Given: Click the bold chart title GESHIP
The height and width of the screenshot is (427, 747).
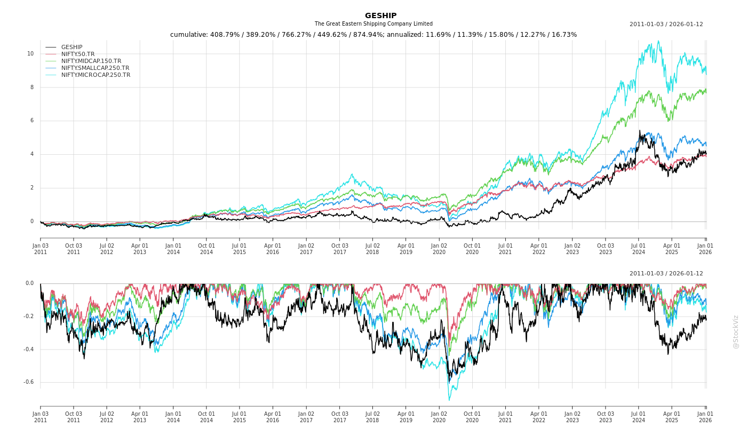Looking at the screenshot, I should (380, 16).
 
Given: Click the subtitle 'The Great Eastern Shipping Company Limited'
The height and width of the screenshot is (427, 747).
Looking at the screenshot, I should (373, 24).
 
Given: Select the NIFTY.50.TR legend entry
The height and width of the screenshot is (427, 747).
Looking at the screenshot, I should (78, 54).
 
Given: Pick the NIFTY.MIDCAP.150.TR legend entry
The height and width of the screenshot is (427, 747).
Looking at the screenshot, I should (91, 61).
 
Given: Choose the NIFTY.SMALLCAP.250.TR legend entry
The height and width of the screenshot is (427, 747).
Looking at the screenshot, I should (95, 68).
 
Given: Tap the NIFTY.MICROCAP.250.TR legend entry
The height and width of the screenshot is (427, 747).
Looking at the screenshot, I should (96, 75).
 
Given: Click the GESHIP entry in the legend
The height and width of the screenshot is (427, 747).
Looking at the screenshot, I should (71, 47).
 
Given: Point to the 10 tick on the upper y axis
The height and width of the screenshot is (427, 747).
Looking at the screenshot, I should (30, 53).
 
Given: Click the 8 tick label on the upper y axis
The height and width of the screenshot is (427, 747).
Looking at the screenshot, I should (31, 87).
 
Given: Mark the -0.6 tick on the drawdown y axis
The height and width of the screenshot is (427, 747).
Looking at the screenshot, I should (28, 382).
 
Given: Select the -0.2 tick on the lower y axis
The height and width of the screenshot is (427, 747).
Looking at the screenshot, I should (28, 317).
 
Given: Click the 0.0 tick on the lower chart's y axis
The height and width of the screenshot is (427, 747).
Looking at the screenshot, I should (29, 283).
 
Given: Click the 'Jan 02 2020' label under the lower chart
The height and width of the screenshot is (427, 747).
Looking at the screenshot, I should (439, 416).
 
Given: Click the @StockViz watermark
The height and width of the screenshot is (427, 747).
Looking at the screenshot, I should (736, 331).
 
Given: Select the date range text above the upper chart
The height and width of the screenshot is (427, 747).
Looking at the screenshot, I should (666, 24).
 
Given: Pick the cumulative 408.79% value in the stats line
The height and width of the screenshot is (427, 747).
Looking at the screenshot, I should (224, 35).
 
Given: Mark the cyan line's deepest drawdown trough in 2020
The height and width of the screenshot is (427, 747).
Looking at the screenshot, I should (449, 400).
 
